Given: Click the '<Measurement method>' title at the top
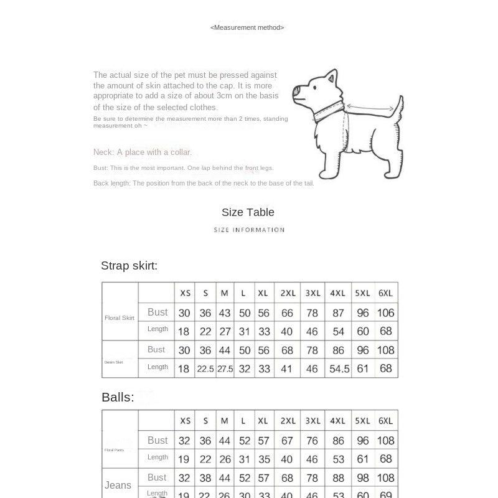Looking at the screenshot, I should tap(247, 27).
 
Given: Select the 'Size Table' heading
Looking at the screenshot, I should tap(248, 212).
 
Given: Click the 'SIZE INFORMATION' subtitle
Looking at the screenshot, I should tap(249, 230).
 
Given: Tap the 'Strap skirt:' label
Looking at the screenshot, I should tap(129, 266).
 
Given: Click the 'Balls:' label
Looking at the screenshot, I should tap(118, 397).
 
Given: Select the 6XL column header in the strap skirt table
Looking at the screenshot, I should tap(386, 293).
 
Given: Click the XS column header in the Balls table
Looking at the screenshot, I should tap(185, 421).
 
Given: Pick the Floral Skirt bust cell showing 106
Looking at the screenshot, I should tap(386, 312).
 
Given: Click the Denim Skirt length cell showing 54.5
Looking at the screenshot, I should tap(339, 369).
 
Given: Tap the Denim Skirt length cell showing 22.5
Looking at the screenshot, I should tap(205, 369).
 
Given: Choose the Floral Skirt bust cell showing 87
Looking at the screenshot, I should tap(338, 312).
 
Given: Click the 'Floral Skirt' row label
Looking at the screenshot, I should tap(120, 318).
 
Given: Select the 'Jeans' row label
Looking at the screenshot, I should tap(118, 485).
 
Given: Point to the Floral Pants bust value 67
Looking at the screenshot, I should tap(287, 441).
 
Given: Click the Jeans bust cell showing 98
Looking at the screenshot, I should tap(363, 478).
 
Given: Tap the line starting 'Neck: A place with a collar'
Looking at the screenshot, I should tap(143, 153).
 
